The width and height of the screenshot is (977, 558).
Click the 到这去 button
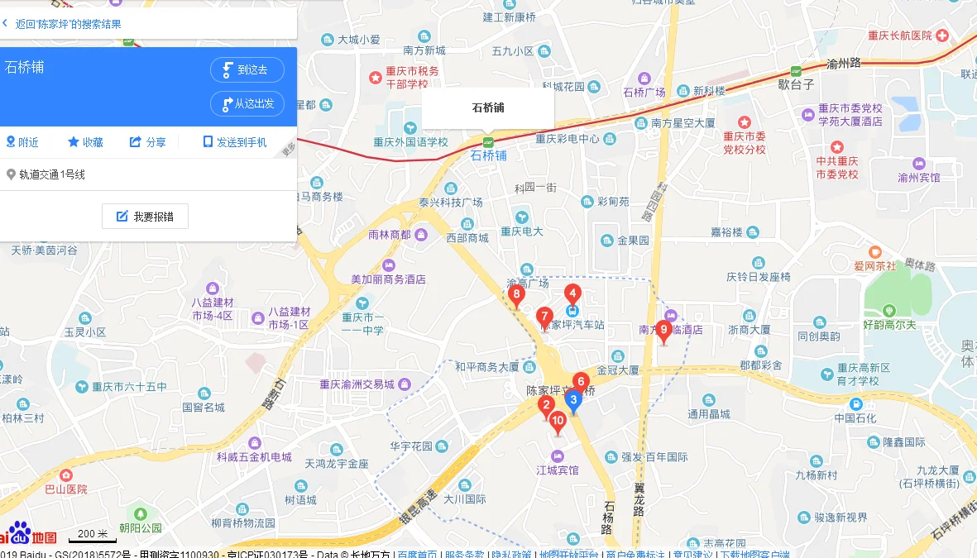point(247,70)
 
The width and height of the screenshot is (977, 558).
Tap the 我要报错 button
point(145,217)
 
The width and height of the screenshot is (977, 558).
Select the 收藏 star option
point(85,142)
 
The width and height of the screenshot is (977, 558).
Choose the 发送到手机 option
point(235,142)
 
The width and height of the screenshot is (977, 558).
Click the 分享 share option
point(147,142)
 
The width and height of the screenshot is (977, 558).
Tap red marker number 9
point(663,330)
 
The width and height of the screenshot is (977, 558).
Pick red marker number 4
point(572,293)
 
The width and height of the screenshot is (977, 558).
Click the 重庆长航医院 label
point(899,36)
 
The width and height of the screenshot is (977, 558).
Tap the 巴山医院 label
point(65,489)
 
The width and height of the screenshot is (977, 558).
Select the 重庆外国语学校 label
point(410,141)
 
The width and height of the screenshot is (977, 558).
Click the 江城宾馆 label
point(558,470)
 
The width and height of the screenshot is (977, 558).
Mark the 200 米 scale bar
point(92,535)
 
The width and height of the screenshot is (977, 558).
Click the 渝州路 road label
point(844,63)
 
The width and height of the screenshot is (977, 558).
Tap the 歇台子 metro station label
point(796,83)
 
